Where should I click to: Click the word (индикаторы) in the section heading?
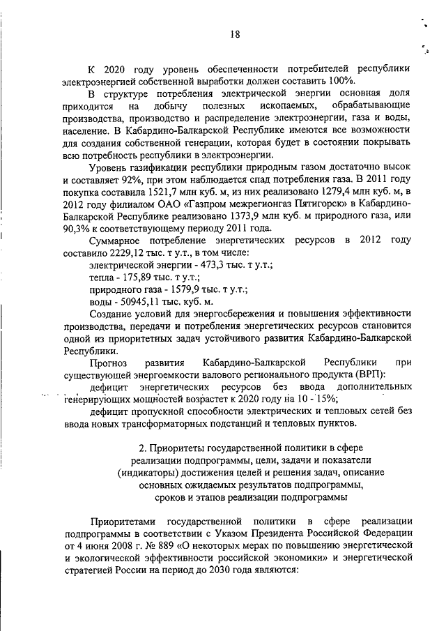click(150, 472)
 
